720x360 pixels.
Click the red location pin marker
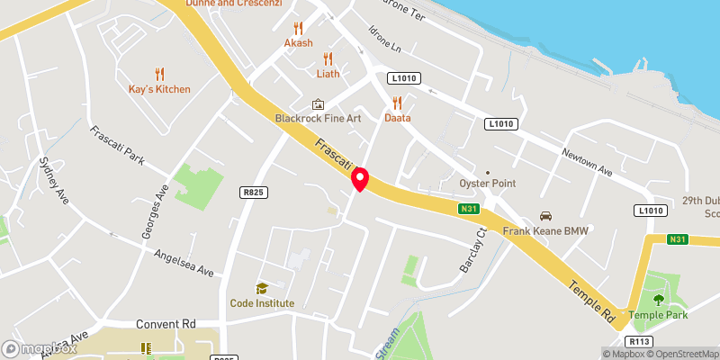point(360,178)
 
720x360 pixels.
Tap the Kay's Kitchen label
point(160,89)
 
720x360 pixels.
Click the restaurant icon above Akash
point(299,28)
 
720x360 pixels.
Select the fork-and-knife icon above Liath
point(328,58)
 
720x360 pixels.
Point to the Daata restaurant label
point(397,118)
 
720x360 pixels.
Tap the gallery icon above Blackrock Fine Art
point(317,104)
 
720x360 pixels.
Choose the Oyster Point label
point(486,184)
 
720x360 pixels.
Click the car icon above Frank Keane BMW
point(544,216)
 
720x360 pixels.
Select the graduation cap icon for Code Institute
point(262,288)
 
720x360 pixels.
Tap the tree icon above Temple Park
point(658,300)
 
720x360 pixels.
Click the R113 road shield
point(639,342)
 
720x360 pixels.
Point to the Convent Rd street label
point(166,324)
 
